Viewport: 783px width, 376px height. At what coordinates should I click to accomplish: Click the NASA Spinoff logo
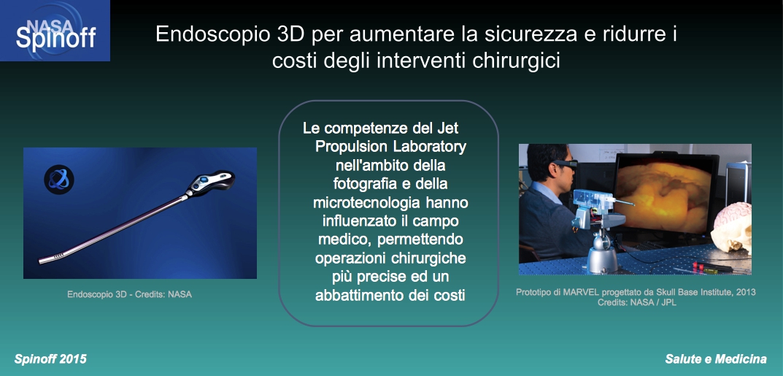[x=55, y=31]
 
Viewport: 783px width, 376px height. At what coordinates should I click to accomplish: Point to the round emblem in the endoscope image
[x=59, y=180]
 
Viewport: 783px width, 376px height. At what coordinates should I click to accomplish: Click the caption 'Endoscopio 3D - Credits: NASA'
[x=129, y=295]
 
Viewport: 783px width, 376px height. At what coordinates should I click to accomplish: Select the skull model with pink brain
[x=732, y=226]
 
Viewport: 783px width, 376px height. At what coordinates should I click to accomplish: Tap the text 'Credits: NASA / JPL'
[x=636, y=302]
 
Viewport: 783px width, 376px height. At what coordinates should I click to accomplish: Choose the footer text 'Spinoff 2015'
[x=50, y=359]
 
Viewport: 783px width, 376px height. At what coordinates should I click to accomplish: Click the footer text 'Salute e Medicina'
[x=716, y=359]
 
